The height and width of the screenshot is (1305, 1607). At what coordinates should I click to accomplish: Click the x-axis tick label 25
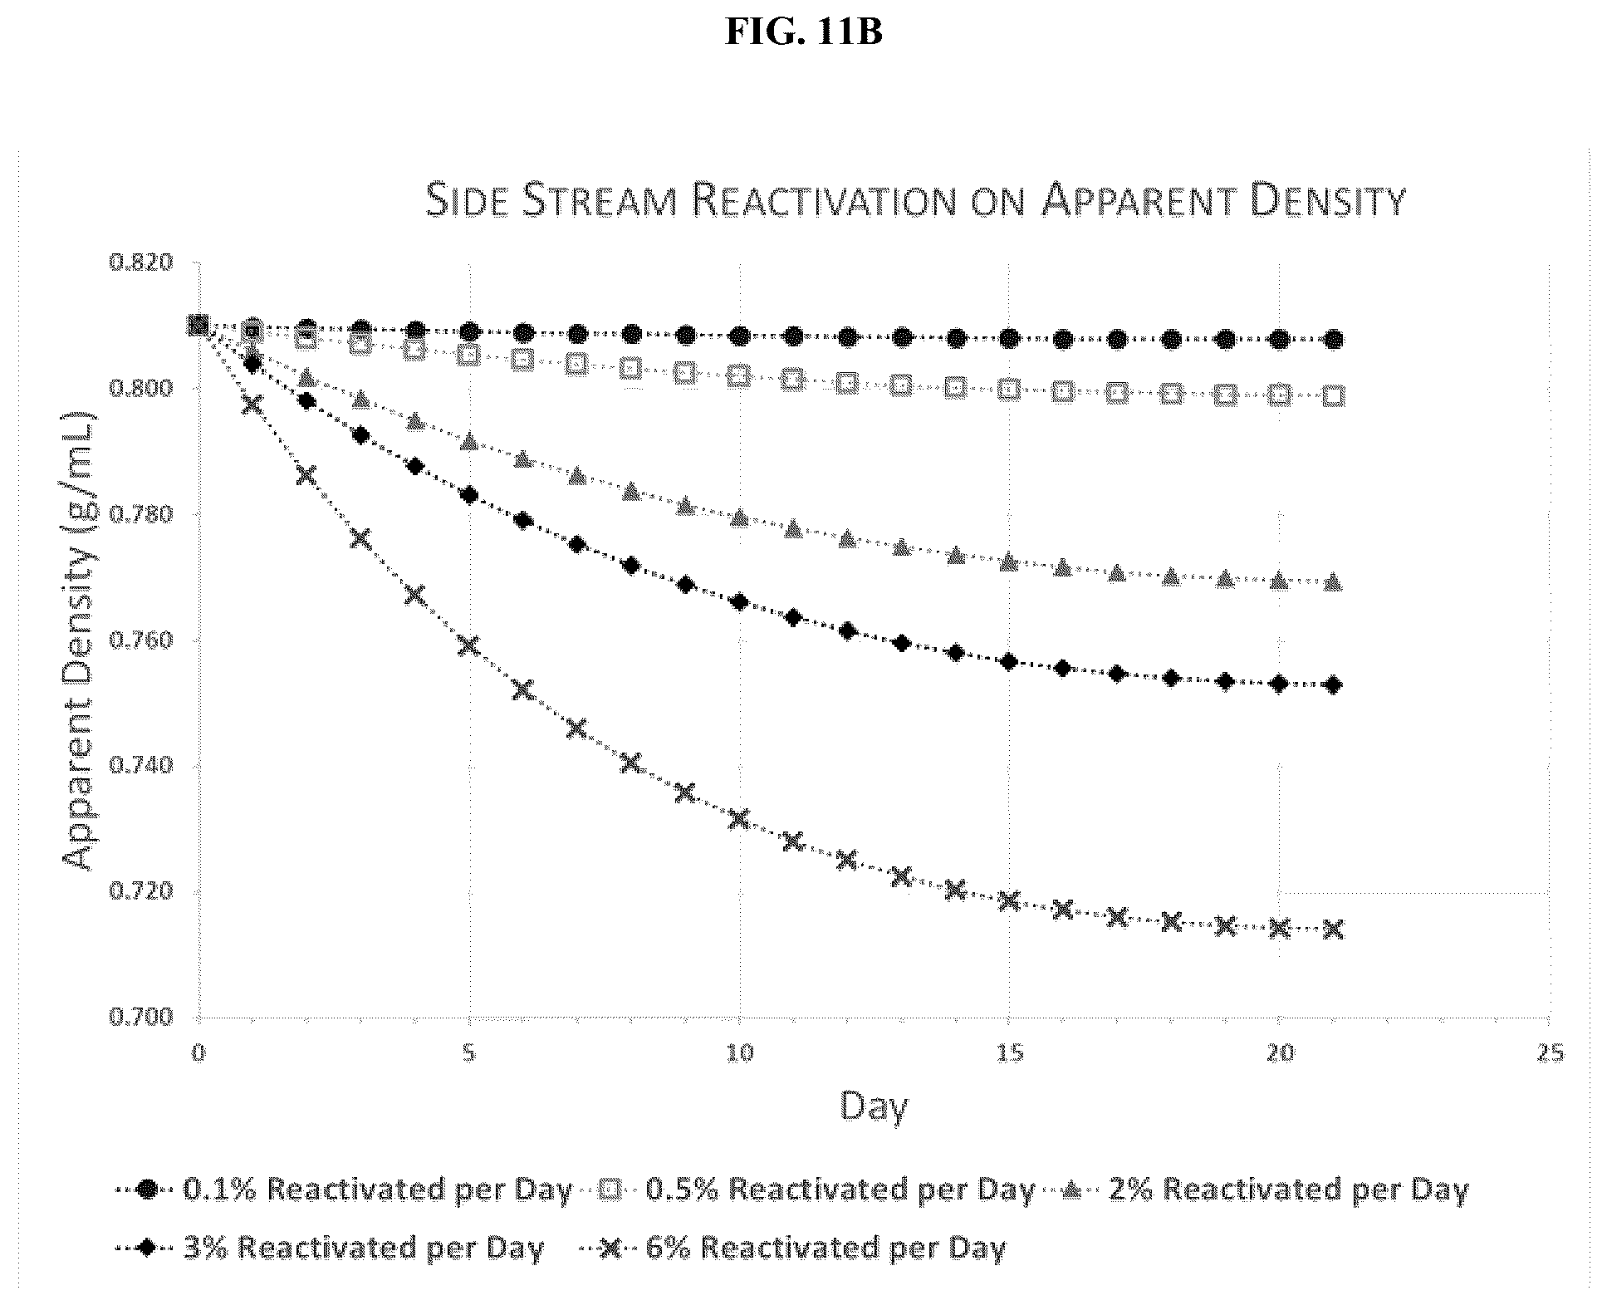(1550, 1053)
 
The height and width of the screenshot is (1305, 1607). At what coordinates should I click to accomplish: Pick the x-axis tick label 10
(739, 1053)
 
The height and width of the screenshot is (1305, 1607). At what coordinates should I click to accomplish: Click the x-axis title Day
(874, 1106)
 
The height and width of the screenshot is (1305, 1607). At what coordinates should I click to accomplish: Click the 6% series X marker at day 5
(469, 645)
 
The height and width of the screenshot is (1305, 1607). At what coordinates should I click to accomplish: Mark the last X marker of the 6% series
(1333, 929)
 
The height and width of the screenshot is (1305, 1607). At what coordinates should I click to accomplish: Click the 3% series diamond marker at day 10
(739, 601)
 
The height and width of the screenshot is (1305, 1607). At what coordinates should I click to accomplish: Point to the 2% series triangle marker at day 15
(1009, 562)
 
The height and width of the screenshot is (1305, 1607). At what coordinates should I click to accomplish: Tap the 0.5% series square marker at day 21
(1333, 396)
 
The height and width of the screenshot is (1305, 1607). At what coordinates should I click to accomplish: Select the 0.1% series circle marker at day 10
(739, 336)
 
